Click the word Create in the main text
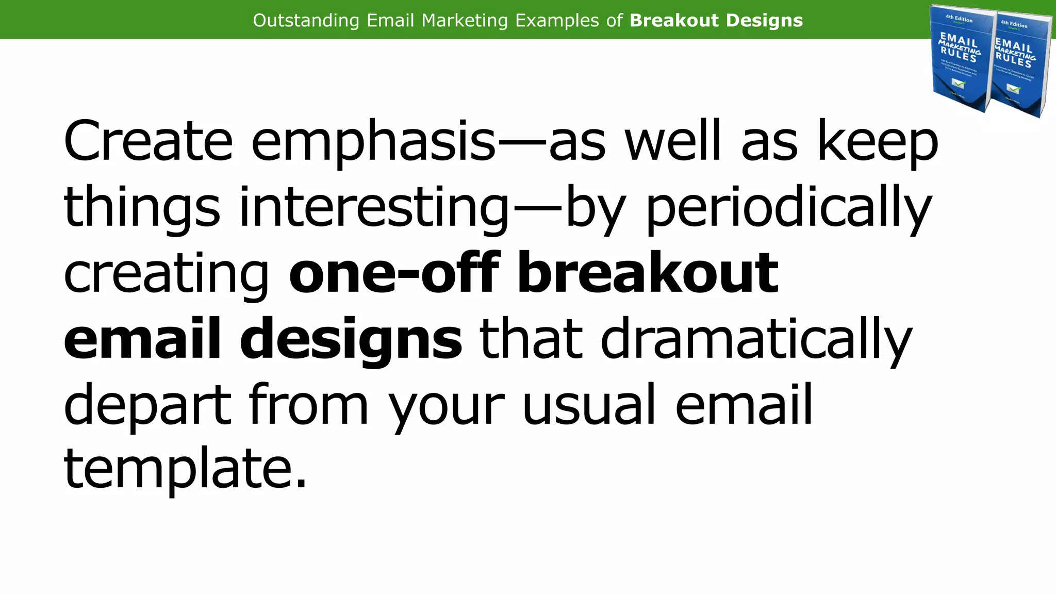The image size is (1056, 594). click(148, 141)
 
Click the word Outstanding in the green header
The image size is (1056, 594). click(306, 21)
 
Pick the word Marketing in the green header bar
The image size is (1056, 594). click(465, 21)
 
